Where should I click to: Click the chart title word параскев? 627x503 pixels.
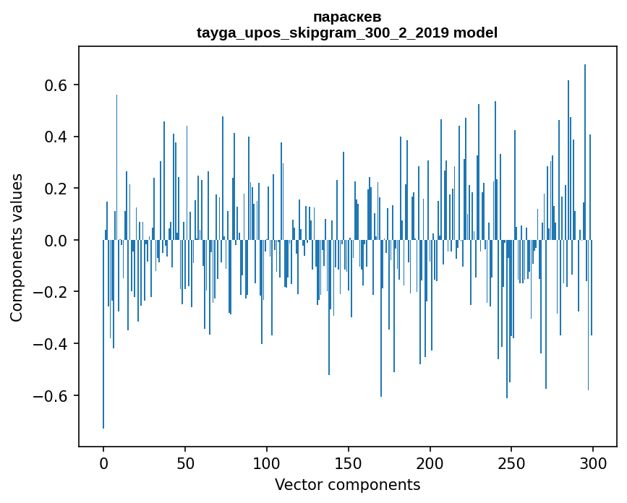pos(347,17)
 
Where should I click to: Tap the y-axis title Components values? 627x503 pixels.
pos(17,247)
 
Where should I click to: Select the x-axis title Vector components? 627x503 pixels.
pos(347,484)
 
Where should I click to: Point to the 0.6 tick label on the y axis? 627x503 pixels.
pos(56,85)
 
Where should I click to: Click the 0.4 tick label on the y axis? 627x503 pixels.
pos(56,137)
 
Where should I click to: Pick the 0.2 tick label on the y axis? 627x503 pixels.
pos(56,189)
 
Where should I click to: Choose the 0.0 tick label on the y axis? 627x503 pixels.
pos(56,241)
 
